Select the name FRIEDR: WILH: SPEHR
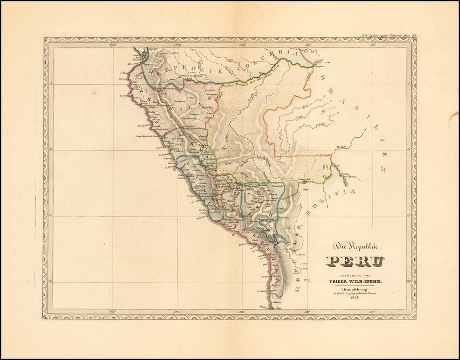(x=355, y=281)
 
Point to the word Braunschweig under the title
(x=355, y=289)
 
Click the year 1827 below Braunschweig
(x=355, y=300)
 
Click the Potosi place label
(x=305, y=280)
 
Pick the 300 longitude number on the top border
(x=177, y=45)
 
